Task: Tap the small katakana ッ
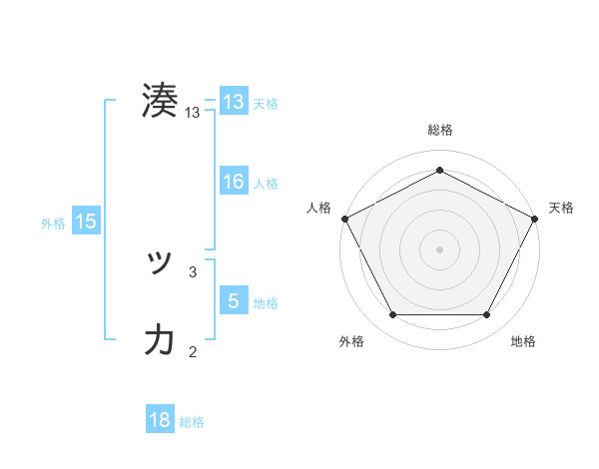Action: click(160, 264)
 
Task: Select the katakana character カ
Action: click(160, 340)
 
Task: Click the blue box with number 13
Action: click(233, 102)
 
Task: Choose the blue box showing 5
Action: click(233, 300)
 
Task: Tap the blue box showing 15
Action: click(86, 222)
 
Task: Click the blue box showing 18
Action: click(160, 420)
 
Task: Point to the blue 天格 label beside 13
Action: click(266, 104)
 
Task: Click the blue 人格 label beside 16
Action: click(266, 183)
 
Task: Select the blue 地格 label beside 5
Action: click(266, 302)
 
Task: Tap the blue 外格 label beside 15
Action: click(53, 224)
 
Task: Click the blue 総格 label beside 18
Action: click(192, 422)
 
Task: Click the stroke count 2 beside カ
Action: click(193, 350)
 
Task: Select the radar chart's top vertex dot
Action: click(439, 170)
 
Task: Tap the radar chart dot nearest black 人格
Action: click(344, 218)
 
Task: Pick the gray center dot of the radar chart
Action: click(439, 248)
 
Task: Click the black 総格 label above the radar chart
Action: click(439, 130)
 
